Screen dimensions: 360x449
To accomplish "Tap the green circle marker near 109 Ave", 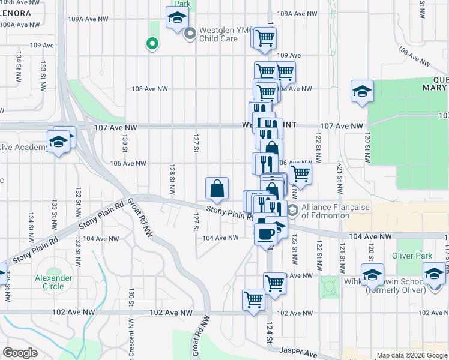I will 152,43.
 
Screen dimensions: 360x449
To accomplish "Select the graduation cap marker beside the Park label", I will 176,19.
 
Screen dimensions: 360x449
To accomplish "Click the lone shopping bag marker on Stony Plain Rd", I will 217,189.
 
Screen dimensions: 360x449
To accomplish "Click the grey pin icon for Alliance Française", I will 292,211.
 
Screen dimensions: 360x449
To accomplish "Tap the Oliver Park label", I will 412,256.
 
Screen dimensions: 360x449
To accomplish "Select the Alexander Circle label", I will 53,282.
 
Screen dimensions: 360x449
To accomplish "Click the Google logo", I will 20,353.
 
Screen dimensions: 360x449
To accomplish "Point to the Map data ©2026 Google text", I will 412,355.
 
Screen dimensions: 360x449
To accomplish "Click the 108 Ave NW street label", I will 149,89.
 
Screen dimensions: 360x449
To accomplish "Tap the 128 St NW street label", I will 172,180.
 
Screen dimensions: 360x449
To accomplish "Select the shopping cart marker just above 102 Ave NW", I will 254,299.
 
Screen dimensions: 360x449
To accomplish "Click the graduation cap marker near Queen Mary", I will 363,92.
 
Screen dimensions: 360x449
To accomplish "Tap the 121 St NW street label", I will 339,178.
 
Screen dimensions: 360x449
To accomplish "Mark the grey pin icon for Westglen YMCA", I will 190,33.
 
